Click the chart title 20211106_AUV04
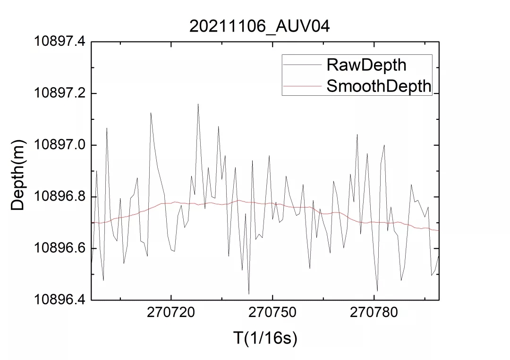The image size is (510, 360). pyautogui.click(x=259, y=26)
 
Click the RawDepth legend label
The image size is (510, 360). pyautogui.click(x=366, y=65)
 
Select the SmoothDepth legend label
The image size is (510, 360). pyautogui.click(x=379, y=86)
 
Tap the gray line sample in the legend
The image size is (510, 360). pyautogui.click(x=302, y=65)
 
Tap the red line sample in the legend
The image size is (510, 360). pyautogui.click(x=302, y=86)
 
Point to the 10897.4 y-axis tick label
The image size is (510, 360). pyautogui.click(x=59, y=42)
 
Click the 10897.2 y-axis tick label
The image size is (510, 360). pyautogui.click(x=59, y=93)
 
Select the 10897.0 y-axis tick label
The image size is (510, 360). pyautogui.click(x=59, y=145)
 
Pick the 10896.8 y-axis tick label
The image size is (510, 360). pyautogui.click(x=59, y=197)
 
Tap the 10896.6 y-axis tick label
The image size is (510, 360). pyautogui.click(x=59, y=248)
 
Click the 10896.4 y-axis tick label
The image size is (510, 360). pyautogui.click(x=59, y=300)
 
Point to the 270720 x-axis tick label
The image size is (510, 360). pyautogui.click(x=171, y=312)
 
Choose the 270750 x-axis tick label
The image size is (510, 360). pyautogui.click(x=272, y=312)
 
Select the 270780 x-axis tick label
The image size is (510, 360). pyautogui.click(x=374, y=312)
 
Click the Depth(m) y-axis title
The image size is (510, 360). pyautogui.click(x=17, y=176)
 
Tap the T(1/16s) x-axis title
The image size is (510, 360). pyautogui.click(x=265, y=338)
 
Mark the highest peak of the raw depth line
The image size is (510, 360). pyautogui.click(x=198, y=104)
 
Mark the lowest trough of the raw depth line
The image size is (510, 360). pyautogui.click(x=249, y=294)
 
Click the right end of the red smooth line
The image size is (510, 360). pyautogui.click(x=439, y=230)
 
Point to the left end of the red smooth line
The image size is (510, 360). pyautogui.click(x=92, y=223)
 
